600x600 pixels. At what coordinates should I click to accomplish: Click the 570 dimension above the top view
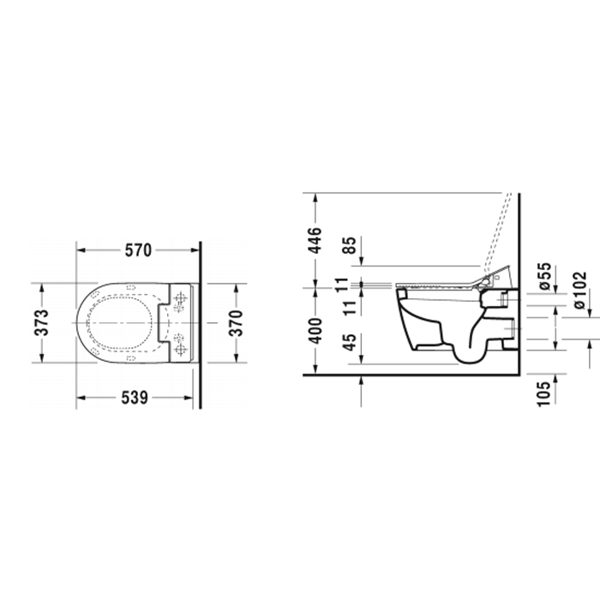(138, 250)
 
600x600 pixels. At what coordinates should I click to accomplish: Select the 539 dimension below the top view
(138, 398)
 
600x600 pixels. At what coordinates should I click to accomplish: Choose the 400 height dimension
(315, 330)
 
